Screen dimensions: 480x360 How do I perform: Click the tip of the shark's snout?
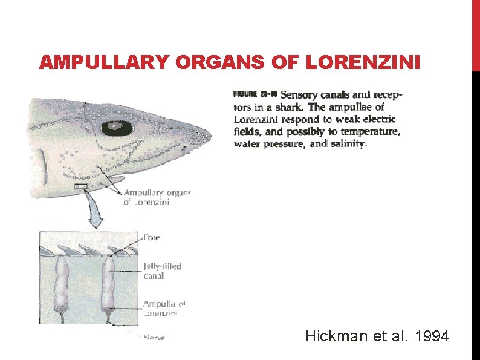[212, 135]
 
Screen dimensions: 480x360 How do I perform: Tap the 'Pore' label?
[151, 238]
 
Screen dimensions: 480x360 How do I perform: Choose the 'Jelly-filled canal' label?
[162, 270]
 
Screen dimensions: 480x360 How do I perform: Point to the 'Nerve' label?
[154, 337]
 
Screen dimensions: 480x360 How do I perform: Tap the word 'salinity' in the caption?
[346, 144]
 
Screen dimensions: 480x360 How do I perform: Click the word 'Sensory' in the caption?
[302, 94]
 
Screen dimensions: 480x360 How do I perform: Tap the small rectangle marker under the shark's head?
[80, 188]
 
